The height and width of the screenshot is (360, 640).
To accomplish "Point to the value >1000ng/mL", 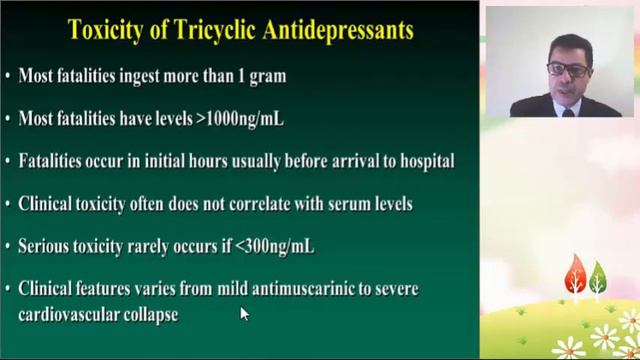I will point(232,119).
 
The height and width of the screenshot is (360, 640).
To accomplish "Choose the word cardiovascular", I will point(69,314).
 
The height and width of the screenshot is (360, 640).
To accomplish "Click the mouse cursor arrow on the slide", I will point(243,314).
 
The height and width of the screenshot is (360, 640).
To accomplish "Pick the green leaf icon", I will point(597,276).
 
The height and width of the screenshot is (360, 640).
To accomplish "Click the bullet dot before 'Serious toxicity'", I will point(8,246).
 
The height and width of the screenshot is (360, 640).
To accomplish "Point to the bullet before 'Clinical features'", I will point(8,289).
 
